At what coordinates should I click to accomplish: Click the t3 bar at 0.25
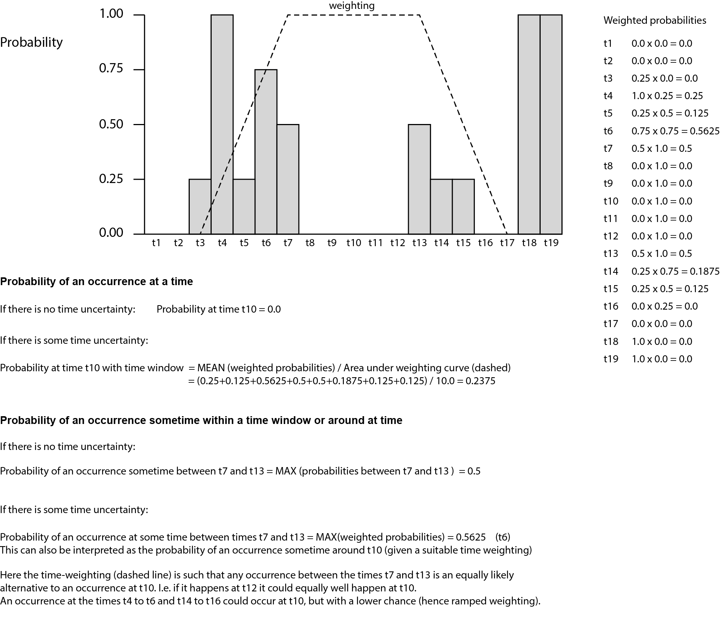coord(200,206)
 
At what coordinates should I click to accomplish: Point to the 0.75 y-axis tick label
coord(111,69)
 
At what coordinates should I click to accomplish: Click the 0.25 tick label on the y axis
coord(111,179)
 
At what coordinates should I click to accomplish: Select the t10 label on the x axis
coord(354,243)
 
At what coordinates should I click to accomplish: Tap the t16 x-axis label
coord(485,243)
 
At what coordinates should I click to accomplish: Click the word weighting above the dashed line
coord(352,6)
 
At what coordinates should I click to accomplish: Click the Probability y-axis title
coord(32,42)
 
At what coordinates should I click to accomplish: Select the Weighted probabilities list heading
coord(655,20)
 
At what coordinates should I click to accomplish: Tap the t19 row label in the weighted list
coord(611,359)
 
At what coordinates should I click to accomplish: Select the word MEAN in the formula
coord(211,368)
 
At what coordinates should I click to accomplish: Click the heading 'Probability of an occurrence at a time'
coord(97,281)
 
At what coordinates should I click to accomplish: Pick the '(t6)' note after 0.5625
coord(503,537)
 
